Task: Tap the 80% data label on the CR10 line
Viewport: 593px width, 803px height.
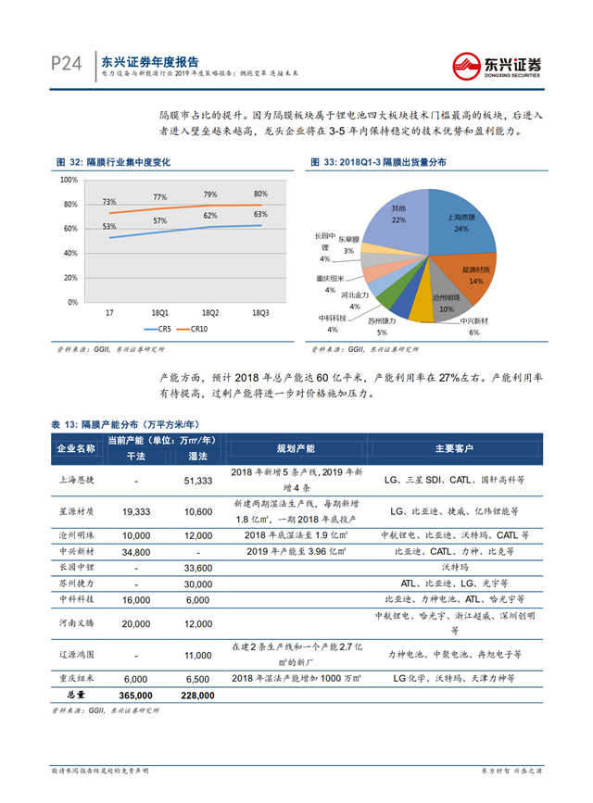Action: point(260,194)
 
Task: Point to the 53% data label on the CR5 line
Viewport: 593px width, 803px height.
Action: point(109,227)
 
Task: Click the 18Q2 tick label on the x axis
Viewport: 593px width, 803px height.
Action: point(210,313)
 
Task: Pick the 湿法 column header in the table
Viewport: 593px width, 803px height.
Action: point(197,457)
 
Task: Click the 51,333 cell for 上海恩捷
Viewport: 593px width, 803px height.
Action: point(198,482)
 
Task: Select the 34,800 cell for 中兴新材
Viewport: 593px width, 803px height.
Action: point(135,552)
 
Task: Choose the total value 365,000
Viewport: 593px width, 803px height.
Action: point(135,695)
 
